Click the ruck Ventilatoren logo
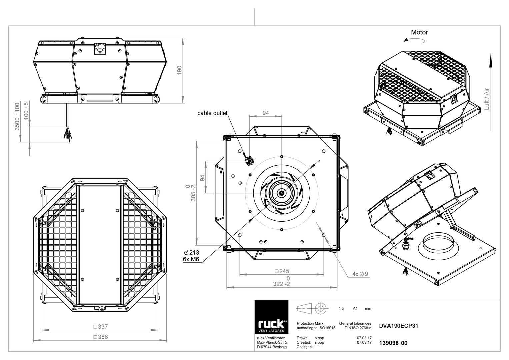click(x=271, y=317)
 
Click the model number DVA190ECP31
click(x=398, y=326)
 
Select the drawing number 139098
click(x=389, y=343)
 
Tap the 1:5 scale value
click(x=341, y=308)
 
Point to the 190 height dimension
click(x=180, y=70)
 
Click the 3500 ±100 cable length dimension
click(x=17, y=117)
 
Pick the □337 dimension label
click(x=101, y=327)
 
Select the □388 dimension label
click(x=101, y=337)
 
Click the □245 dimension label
click(x=282, y=271)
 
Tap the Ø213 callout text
click(x=191, y=253)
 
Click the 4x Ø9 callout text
click(x=360, y=274)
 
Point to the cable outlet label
click(x=212, y=113)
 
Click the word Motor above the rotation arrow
click(x=419, y=32)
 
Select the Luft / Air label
click(x=487, y=99)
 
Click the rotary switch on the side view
click(x=100, y=49)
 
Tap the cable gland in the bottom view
click(x=249, y=161)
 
